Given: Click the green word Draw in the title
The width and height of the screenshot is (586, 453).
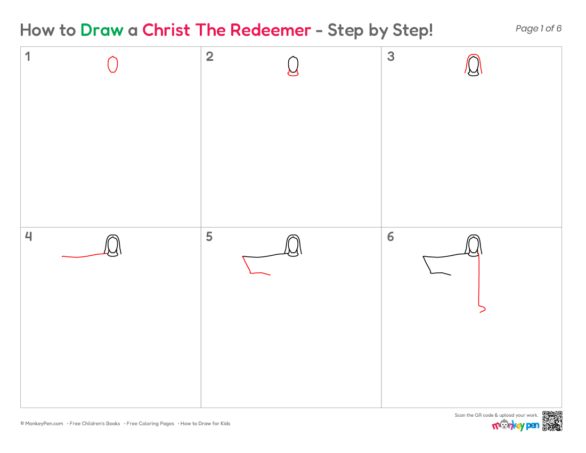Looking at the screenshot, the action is click(102, 30).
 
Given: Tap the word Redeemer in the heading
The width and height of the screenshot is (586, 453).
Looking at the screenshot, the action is click(270, 30).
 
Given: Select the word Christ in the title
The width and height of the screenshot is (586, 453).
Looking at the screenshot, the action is click(166, 30).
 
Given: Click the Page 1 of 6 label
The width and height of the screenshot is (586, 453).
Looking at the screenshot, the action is click(538, 28).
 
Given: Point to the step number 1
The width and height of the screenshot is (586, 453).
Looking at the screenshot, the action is click(27, 56).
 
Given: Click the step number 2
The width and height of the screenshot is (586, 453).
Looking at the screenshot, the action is click(210, 56).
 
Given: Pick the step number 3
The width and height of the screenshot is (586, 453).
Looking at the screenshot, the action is click(391, 56).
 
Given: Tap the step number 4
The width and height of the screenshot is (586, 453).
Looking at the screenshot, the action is click(28, 237).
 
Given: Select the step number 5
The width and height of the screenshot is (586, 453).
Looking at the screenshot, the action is click(209, 237).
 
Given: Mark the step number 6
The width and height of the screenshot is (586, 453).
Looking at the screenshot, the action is click(390, 237).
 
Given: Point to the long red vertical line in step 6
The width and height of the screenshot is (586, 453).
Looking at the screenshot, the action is click(479, 284).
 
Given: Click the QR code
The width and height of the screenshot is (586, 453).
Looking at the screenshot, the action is click(552, 421).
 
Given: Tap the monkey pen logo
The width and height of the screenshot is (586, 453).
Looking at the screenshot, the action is click(515, 425).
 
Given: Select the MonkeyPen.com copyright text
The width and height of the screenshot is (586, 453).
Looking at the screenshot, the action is click(42, 424).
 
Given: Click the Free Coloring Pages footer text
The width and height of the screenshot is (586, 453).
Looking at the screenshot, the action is click(150, 424).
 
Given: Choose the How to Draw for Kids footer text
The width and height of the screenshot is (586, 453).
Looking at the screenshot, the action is click(205, 424).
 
